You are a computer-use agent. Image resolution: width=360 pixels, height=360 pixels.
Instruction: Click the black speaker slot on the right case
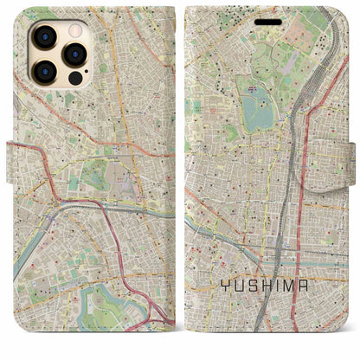coord(272,23)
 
